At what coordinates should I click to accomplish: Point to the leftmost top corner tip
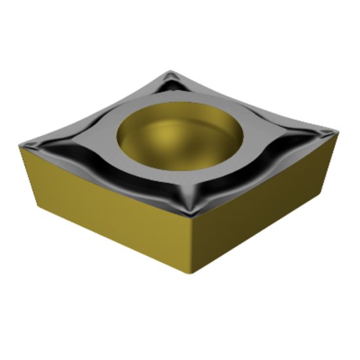[x=22, y=147]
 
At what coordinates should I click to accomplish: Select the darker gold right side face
[x=262, y=209]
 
